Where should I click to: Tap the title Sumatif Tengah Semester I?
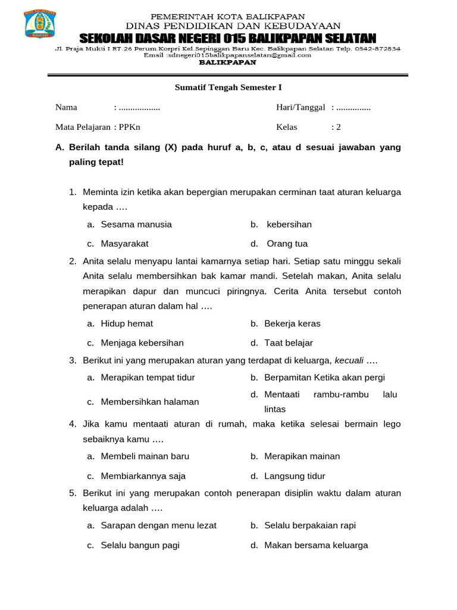point(228,88)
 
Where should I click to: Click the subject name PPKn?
point(130,127)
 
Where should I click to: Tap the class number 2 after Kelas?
point(339,127)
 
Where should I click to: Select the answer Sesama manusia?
point(136,225)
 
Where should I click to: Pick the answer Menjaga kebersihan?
point(142,343)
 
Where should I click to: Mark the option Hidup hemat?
point(127,323)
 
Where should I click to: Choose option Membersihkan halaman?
point(149,402)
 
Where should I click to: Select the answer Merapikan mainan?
point(302,456)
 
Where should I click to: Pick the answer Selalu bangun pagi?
point(140,545)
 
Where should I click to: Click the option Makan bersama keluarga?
point(316,545)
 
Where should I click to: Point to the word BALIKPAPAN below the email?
point(227,62)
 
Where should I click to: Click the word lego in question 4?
point(392,424)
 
